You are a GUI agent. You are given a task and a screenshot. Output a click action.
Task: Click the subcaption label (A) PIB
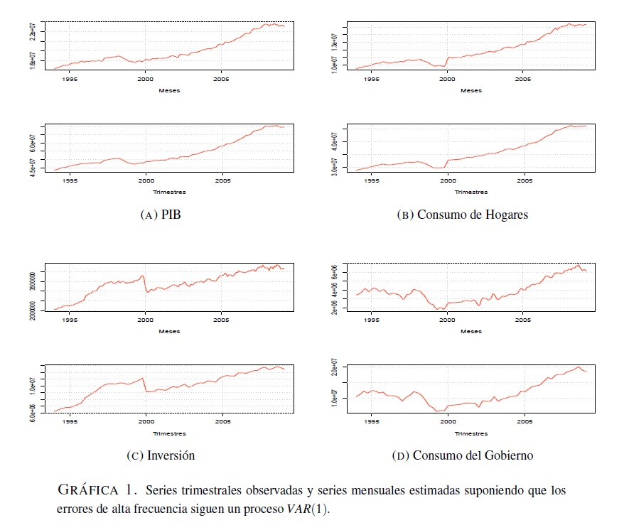pos(161,215)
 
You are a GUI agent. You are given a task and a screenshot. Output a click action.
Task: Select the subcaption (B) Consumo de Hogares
pos(462,215)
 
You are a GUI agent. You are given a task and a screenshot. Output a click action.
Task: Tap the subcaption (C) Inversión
pos(161,455)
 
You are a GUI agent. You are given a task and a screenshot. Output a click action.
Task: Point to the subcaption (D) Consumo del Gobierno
pos(462,455)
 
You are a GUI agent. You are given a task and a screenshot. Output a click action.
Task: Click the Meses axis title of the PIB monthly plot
pos(169,90)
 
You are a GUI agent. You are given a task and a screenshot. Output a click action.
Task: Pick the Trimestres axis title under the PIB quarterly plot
pos(169,192)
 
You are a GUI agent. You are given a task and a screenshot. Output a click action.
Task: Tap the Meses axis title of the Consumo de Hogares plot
pos(470,90)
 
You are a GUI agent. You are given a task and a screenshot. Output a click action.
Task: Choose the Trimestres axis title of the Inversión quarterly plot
pos(169,433)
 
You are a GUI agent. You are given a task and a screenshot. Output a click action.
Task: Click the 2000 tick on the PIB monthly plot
pos(146,80)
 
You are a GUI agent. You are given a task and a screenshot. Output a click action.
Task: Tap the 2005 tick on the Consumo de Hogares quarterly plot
pos(525,181)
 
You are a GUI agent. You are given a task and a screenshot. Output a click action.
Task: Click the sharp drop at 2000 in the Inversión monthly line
pos(146,284)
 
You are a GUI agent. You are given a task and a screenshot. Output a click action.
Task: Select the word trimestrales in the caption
pos(213,491)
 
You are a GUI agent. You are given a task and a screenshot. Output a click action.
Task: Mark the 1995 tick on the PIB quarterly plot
pos(70,181)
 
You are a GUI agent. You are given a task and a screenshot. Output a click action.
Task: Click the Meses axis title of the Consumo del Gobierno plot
pos(470,331)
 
